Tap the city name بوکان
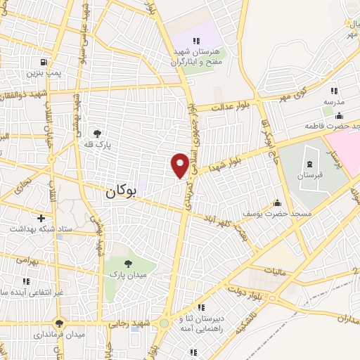coord(120,191)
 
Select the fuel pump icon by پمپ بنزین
coord(46,61)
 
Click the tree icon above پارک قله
coord(97,133)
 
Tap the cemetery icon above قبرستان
coord(309,164)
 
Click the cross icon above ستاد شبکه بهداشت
coord(41,219)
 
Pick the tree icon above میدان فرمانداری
coord(61,323)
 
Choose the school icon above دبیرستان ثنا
coord(201,307)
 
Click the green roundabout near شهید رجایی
coord(163,323)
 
